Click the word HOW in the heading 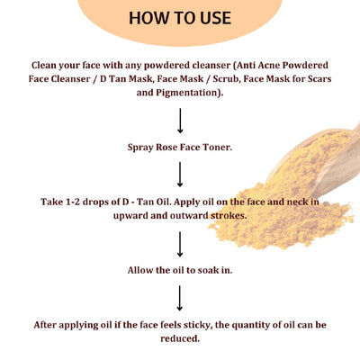click(x=149, y=18)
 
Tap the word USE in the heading click(x=211, y=18)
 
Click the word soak click(x=214, y=269)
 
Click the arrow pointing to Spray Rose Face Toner click(x=181, y=119)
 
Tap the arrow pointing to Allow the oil click(x=181, y=243)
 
